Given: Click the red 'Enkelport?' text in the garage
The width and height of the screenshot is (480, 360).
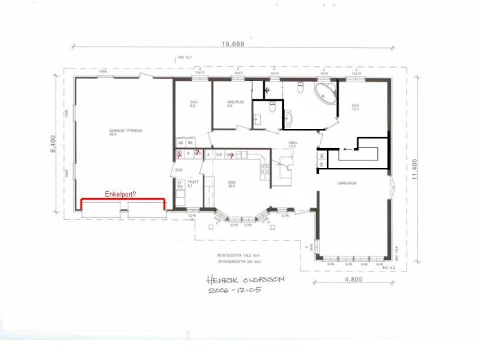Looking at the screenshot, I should tap(120, 195).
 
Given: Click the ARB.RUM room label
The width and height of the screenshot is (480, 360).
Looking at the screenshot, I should tap(235, 104).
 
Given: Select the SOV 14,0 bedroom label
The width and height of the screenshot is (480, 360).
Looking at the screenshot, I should tap(355, 107).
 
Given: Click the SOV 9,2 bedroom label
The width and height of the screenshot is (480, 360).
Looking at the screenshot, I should tap(193, 104).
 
